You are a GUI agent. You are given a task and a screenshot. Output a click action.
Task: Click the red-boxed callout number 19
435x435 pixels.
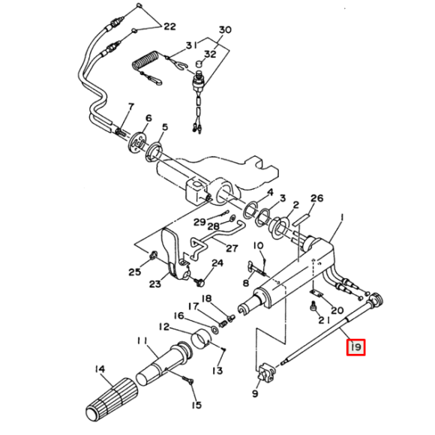355,346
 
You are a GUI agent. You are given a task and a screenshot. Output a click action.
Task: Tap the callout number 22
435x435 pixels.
169,27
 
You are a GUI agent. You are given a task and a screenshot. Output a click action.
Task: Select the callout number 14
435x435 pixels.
100,368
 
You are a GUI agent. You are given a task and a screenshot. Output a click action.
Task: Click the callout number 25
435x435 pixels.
135,272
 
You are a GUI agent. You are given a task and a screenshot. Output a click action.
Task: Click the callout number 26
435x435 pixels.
316,199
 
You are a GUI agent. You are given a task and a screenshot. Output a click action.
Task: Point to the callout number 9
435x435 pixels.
255,392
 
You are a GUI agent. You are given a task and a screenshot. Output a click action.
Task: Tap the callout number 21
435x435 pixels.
321,320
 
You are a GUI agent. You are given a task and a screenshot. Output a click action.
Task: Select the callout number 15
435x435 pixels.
196,406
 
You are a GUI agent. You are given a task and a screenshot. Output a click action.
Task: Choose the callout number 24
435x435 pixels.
217,263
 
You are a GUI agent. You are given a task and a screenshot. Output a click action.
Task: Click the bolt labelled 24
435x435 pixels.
199,282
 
